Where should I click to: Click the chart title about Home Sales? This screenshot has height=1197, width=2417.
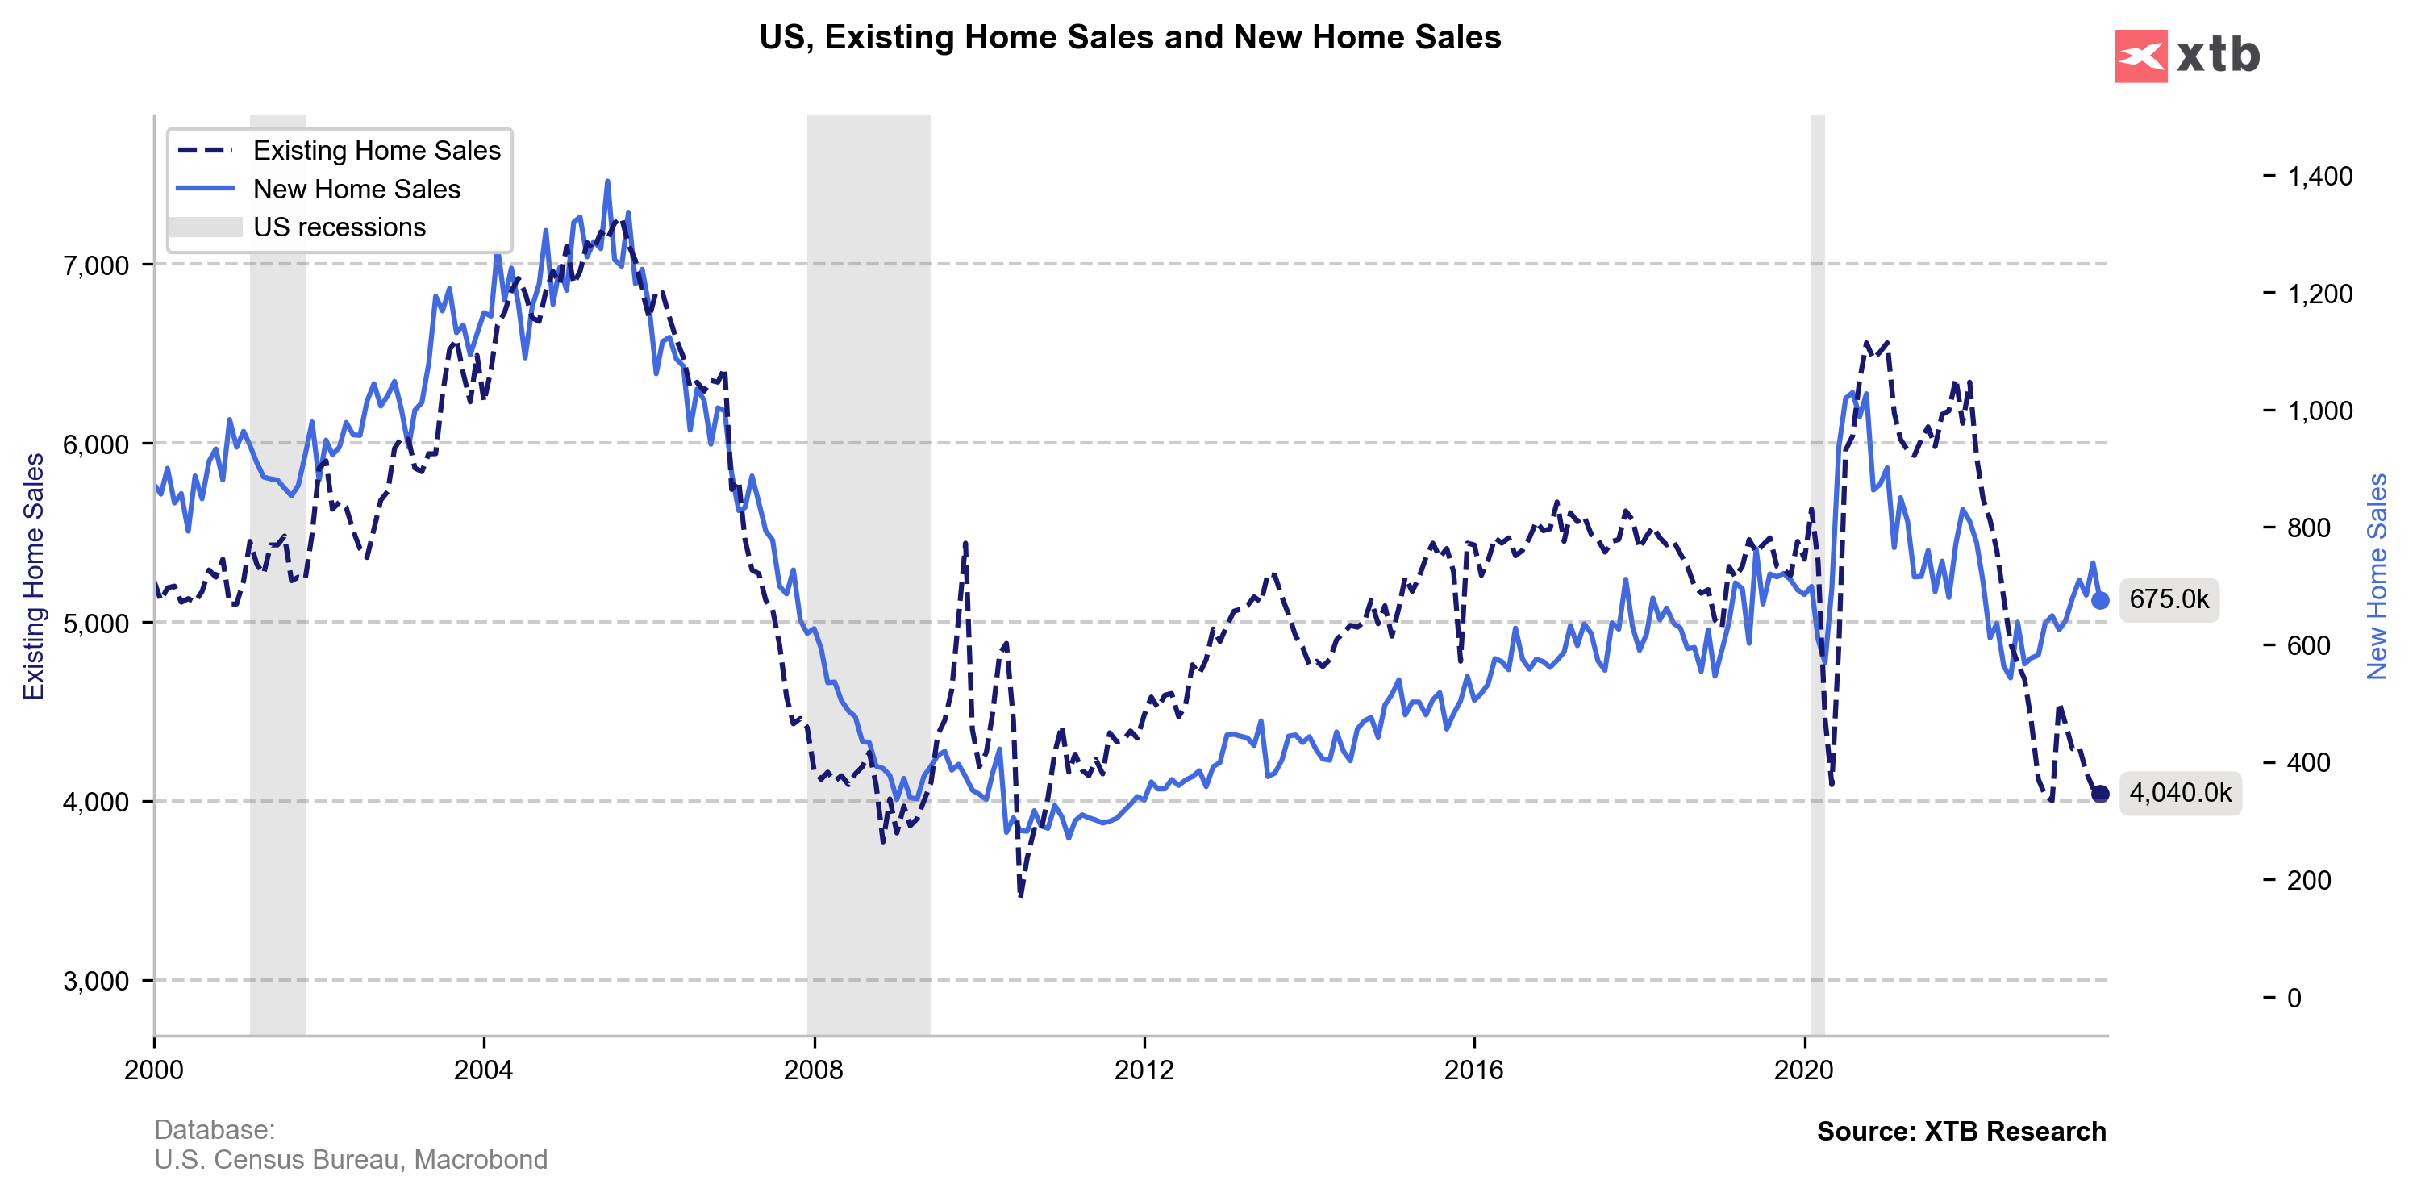click(x=1130, y=38)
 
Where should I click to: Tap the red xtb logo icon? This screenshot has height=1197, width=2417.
click(x=2140, y=56)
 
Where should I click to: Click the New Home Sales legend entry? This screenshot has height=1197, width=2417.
click(x=356, y=189)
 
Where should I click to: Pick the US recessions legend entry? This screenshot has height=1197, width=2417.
click(x=339, y=227)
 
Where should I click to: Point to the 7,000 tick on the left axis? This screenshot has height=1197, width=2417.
click(x=96, y=265)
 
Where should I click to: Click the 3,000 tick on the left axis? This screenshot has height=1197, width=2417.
click(x=96, y=982)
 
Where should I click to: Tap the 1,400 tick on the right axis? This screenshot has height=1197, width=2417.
click(x=2319, y=177)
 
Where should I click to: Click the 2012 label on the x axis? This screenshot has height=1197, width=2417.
click(x=1144, y=1070)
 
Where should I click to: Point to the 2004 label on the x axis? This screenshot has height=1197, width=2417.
click(x=483, y=1070)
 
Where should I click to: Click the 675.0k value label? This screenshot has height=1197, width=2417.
click(x=2169, y=599)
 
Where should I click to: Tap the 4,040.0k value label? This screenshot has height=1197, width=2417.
click(x=2180, y=793)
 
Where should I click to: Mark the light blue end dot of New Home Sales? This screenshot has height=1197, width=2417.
click(x=2100, y=600)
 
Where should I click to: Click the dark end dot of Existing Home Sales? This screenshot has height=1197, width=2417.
click(x=2100, y=794)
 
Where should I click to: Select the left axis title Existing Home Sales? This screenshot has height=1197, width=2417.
click(x=34, y=576)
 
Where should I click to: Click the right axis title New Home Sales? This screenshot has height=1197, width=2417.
click(x=2376, y=576)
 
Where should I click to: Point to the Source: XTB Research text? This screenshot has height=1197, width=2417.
click(x=1961, y=1132)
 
